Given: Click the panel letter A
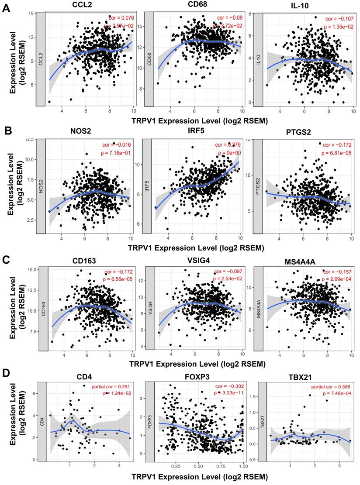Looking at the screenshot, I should click(x=7, y=8).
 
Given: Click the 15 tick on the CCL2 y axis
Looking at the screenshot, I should click(x=31, y=14).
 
